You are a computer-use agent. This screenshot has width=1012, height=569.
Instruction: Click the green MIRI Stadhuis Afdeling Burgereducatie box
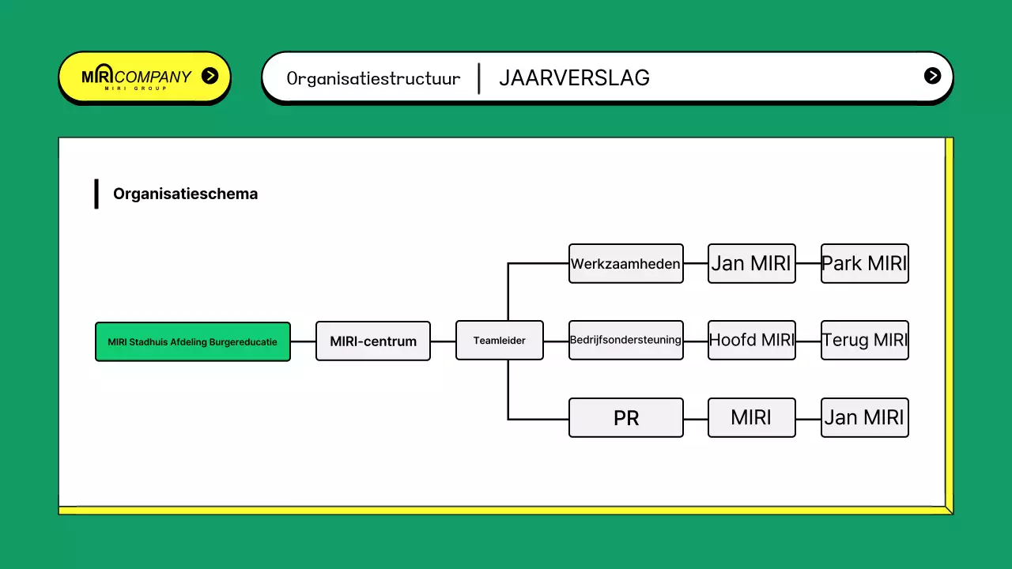point(192,341)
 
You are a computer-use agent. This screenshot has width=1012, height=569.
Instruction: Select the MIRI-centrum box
point(373,341)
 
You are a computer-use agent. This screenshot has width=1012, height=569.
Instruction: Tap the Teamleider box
point(500,341)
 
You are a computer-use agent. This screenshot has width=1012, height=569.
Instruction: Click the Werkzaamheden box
point(626,264)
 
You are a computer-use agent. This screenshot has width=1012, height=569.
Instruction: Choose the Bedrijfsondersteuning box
point(626,341)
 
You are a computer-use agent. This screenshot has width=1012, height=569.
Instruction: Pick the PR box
point(626,418)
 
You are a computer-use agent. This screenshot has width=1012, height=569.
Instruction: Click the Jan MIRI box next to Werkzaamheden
point(751,264)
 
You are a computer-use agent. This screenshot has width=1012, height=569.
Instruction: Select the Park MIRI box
point(864,264)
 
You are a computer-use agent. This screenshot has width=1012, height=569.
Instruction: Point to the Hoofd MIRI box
point(751,341)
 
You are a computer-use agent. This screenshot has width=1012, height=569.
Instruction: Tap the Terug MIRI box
point(864,341)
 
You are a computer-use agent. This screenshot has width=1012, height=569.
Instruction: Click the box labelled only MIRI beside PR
point(751,418)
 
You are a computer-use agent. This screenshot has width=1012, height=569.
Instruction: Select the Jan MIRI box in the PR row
point(864,418)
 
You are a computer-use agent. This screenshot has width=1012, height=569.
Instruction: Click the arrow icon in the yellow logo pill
point(210,76)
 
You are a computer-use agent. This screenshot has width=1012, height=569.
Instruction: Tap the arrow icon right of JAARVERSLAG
point(933,76)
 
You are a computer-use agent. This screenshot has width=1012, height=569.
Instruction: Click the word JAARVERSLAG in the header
point(574,78)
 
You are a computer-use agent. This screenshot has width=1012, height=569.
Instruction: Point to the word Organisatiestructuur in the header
point(373,78)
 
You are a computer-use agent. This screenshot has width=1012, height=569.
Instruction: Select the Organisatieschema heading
point(185,194)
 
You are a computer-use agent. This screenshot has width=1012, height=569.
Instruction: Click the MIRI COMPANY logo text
point(137,77)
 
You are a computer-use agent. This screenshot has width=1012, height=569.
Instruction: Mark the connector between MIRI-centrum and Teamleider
point(443,341)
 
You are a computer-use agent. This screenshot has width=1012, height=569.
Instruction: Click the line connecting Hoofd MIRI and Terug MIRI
point(808,341)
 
